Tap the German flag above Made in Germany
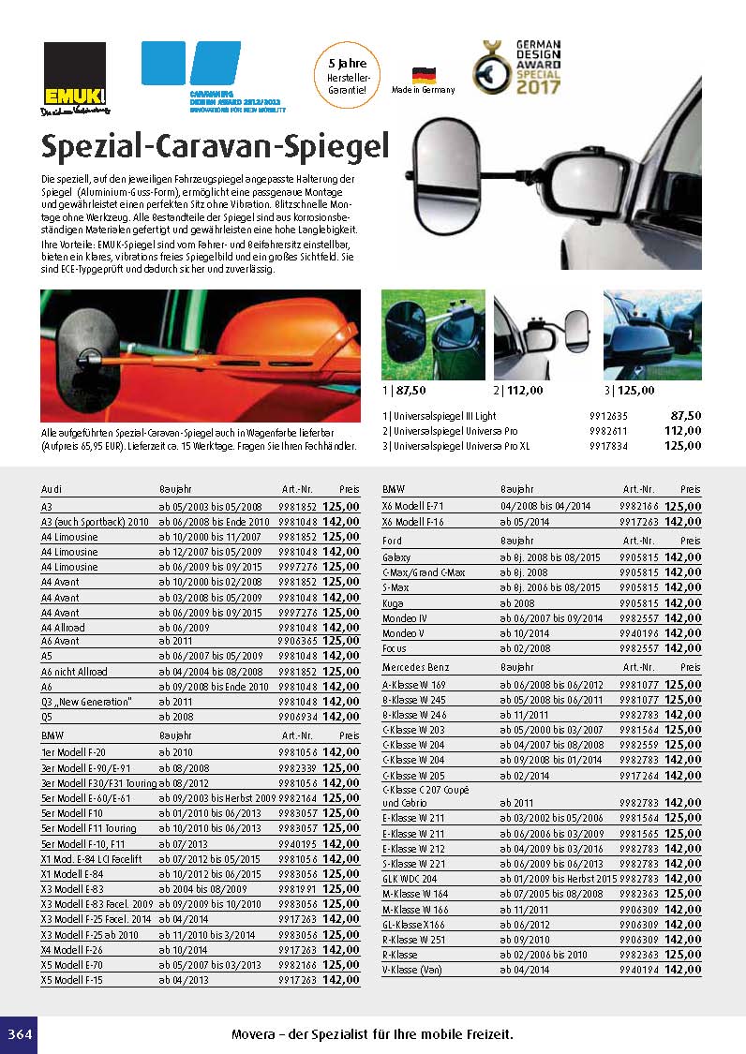point(424,75)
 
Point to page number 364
point(18,1034)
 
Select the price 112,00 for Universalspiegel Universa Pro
point(682,430)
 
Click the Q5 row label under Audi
point(47,717)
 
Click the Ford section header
point(393,541)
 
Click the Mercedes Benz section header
point(416,667)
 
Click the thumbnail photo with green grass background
point(433,334)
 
